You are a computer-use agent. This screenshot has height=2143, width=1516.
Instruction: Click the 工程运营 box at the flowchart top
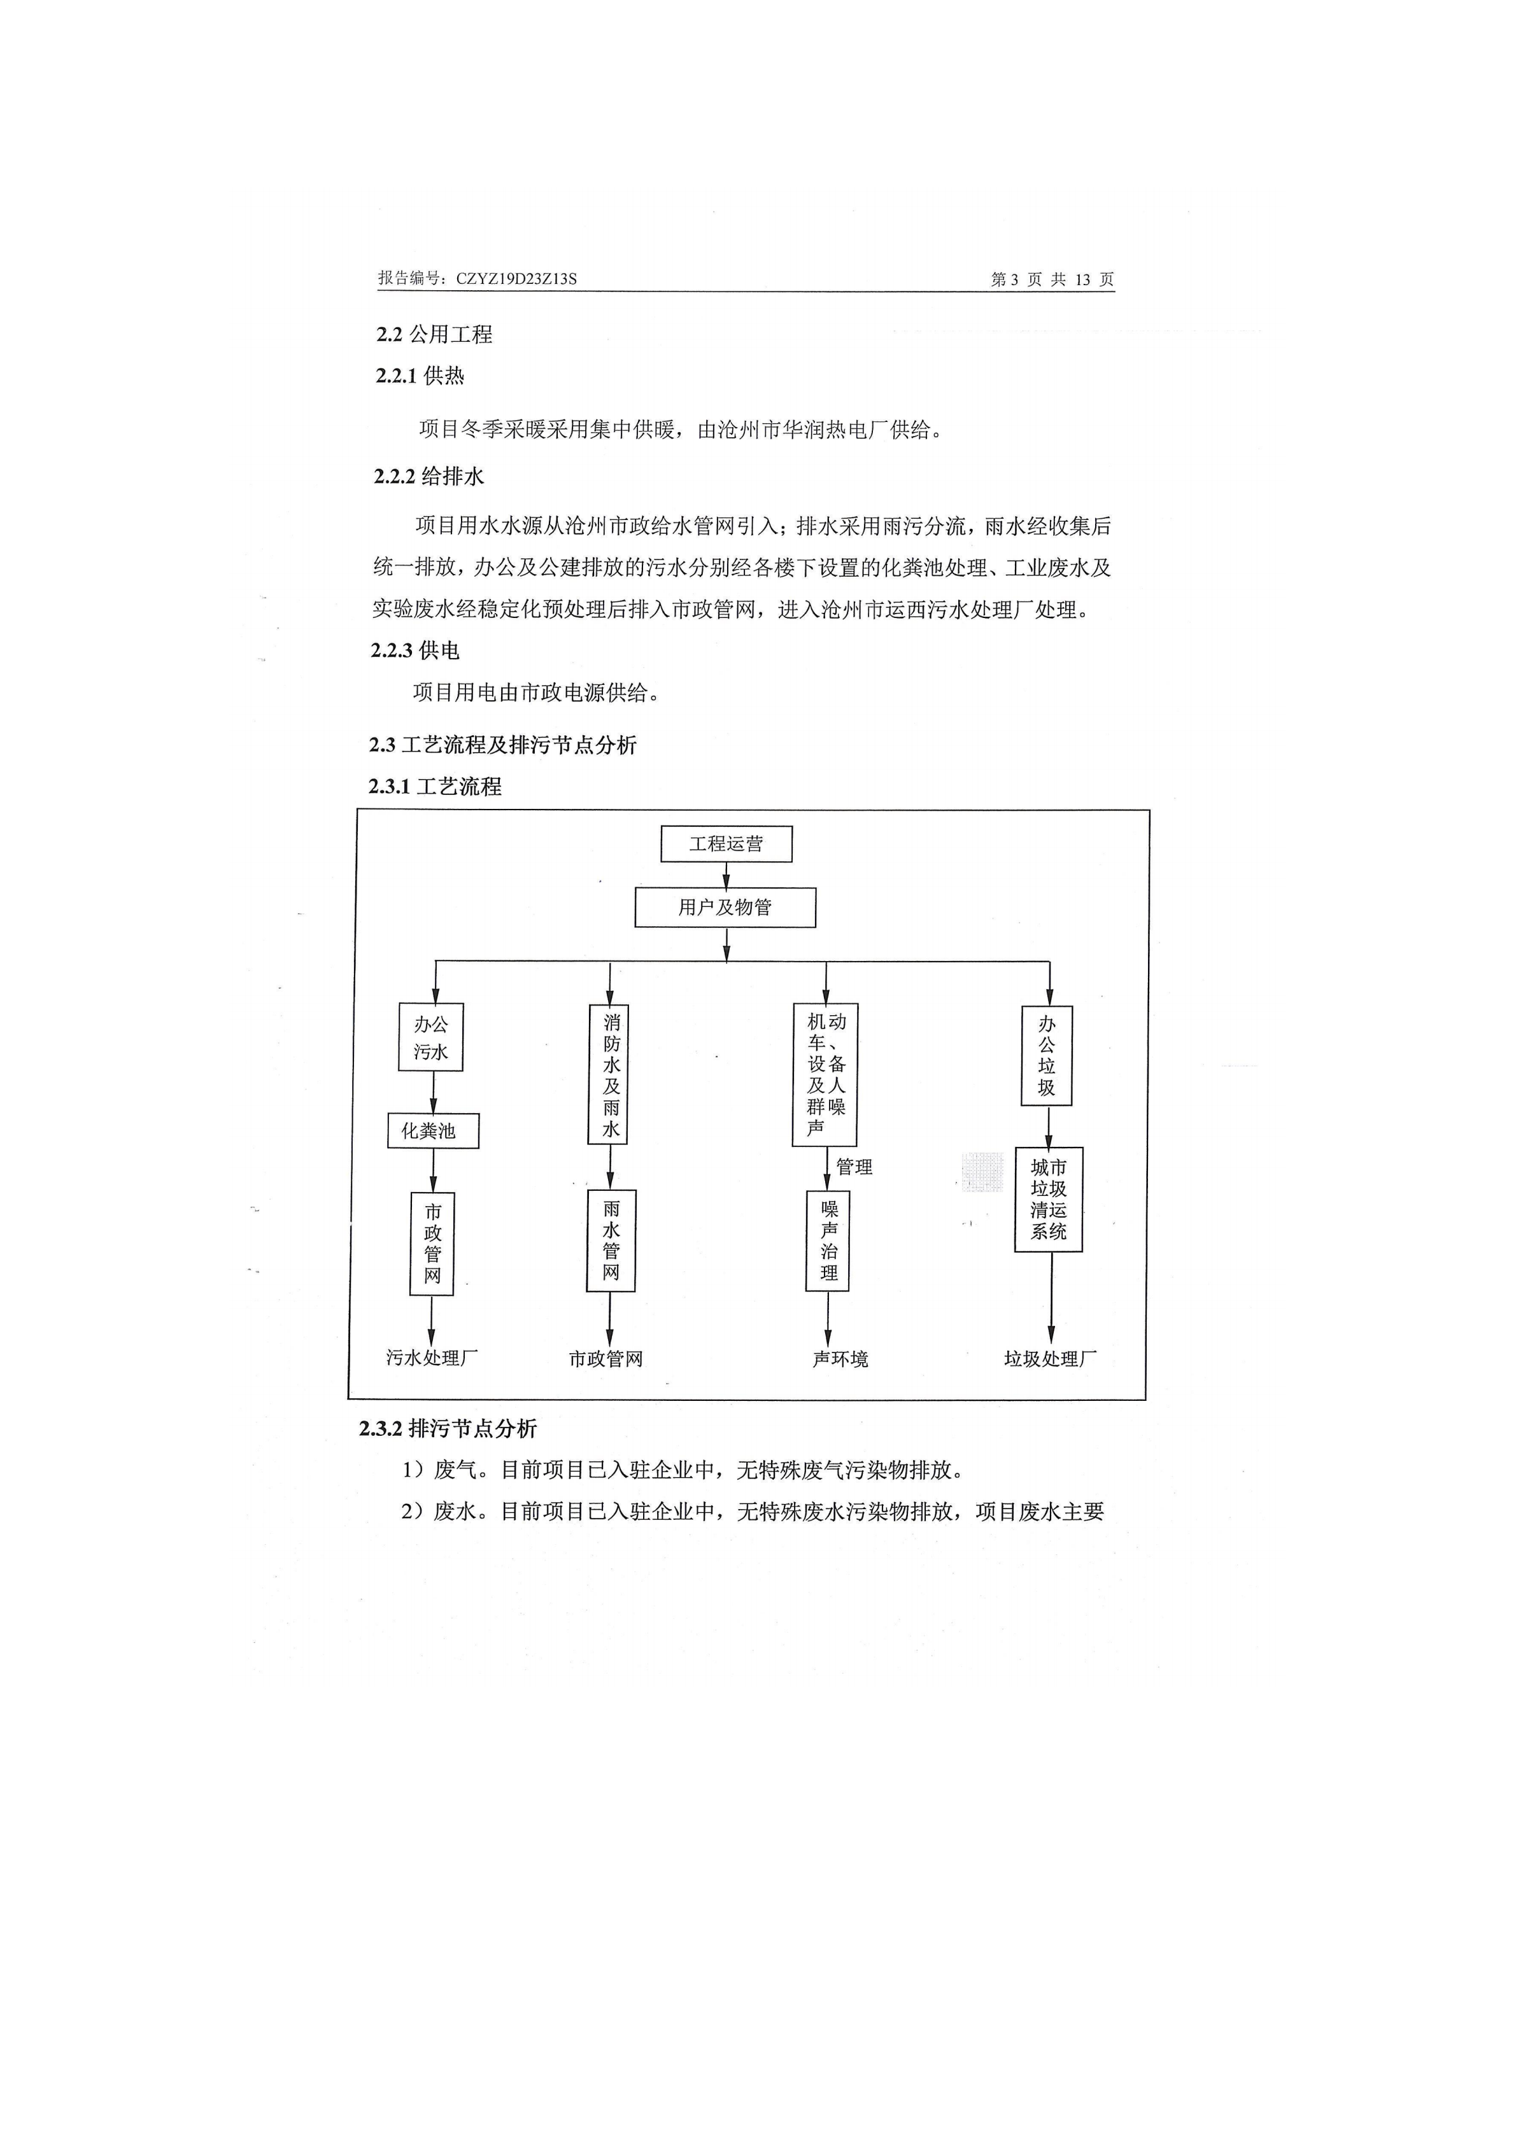(x=726, y=844)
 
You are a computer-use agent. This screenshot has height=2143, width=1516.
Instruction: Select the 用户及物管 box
(x=725, y=907)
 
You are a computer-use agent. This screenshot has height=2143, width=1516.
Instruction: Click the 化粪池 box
(x=433, y=1130)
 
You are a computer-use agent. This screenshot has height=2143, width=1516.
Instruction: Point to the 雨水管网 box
(x=611, y=1240)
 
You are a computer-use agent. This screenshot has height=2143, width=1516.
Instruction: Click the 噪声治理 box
(x=828, y=1240)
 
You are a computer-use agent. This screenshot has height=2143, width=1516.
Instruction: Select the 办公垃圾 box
(x=1047, y=1056)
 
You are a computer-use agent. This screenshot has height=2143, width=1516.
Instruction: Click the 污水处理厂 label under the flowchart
(x=432, y=1358)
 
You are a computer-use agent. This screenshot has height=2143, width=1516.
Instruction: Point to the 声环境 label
(x=840, y=1359)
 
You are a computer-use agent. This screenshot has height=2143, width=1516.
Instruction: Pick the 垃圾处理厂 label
(x=1050, y=1359)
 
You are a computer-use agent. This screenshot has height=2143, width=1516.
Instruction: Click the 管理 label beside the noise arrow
(x=854, y=1167)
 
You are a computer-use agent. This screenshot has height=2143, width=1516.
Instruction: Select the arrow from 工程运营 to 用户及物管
(x=726, y=876)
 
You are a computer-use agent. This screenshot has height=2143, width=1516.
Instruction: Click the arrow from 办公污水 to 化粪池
(x=433, y=1092)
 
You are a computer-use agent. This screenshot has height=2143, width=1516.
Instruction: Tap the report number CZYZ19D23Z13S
(x=516, y=278)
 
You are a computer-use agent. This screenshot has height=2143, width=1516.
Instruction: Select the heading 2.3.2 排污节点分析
(x=448, y=1428)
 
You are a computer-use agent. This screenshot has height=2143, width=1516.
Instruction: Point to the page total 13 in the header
(x=1083, y=279)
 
